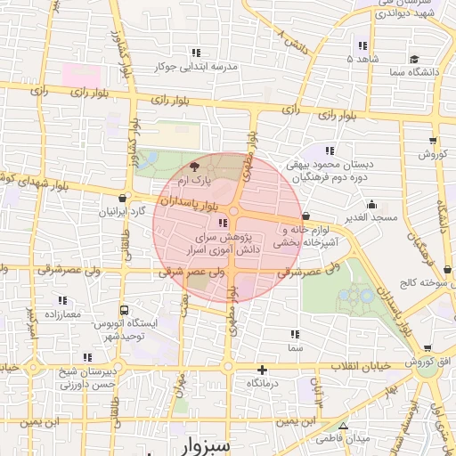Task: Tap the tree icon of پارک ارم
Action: pos(195,167)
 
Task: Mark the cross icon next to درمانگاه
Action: pos(262,370)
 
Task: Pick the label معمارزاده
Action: pos(61,314)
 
